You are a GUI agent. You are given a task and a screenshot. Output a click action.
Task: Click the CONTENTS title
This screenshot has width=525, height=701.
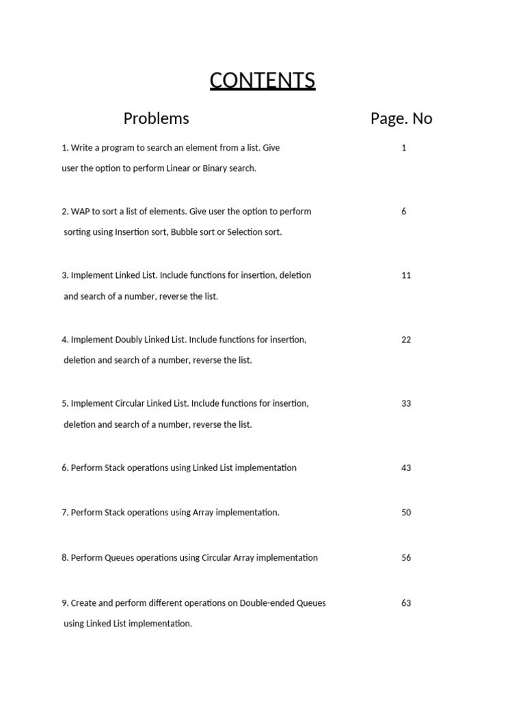pyautogui.click(x=262, y=81)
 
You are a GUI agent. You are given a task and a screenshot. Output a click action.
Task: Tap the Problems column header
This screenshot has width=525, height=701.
pyautogui.click(x=156, y=118)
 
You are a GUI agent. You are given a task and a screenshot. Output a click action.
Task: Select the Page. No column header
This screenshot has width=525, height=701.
pyautogui.click(x=401, y=118)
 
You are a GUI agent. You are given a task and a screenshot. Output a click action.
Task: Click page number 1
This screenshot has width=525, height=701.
pyautogui.click(x=404, y=148)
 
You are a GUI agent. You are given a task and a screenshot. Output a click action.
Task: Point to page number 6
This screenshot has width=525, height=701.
pyautogui.click(x=404, y=212)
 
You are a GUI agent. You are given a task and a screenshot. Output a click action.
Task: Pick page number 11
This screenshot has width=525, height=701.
pyautogui.click(x=406, y=275)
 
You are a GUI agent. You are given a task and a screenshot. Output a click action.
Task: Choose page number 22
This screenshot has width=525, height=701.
pyautogui.click(x=406, y=340)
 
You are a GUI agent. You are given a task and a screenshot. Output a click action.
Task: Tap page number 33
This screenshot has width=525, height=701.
pyautogui.click(x=406, y=403)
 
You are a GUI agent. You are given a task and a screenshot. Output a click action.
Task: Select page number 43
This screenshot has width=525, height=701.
pyautogui.click(x=406, y=468)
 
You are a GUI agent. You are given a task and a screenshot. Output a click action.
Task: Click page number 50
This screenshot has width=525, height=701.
pyautogui.click(x=406, y=512)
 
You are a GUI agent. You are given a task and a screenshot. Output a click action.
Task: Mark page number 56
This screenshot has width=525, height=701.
pyautogui.click(x=406, y=557)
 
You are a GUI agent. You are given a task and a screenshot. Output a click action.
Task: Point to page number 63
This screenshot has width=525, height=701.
pyautogui.click(x=406, y=603)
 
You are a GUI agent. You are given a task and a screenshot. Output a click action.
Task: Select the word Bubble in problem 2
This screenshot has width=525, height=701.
pyautogui.click(x=184, y=232)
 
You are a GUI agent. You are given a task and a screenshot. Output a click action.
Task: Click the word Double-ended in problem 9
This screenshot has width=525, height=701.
pyautogui.click(x=267, y=603)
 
